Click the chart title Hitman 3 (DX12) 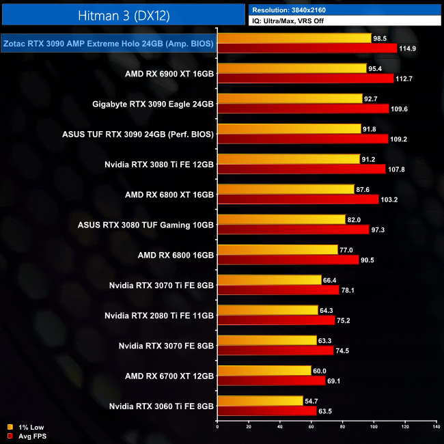click(x=123, y=14)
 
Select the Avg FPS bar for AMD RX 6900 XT click(x=305, y=79)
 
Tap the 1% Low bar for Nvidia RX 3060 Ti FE click(x=260, y=401)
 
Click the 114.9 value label click(x=408, y=48)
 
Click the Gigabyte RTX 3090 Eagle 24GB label click(x=153, y=104)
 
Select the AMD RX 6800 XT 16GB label click(x=171, y=194)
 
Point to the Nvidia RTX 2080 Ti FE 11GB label click(x=159, y=315)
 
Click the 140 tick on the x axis click(x=436, y=428)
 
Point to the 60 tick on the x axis click(x=311, y=428)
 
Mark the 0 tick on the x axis click(x=217, y=428)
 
